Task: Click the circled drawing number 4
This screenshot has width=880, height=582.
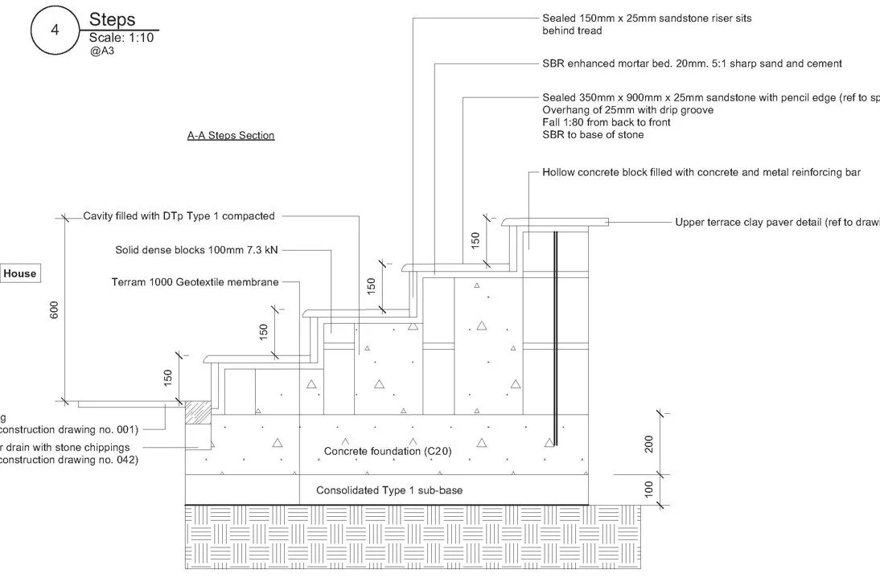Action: tap(55, 30)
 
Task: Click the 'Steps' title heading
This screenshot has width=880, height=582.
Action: tap(112, 19)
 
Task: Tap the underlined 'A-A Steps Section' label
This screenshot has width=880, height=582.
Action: tap(231, 136)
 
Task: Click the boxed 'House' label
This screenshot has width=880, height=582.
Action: tap(20, 273)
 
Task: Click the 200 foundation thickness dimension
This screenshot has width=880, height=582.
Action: tap(650, 443)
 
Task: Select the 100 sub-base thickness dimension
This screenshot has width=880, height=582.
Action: tap(650, 489)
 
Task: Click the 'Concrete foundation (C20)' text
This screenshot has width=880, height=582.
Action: tap(388, 451)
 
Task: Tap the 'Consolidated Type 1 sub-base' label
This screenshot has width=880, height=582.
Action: tap(389, 490)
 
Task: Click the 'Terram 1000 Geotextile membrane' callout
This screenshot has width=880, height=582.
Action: tap(195, 282)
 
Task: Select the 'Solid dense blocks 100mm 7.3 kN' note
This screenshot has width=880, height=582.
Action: tap(197, 250)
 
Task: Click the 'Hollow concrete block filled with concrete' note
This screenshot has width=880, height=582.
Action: tap(701, 173)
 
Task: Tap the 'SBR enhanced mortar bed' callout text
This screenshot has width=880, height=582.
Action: tap(692, 64)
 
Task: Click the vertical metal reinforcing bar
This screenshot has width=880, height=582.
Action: tap(555, 338)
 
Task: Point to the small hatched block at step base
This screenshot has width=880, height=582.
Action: tap(197, 412)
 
